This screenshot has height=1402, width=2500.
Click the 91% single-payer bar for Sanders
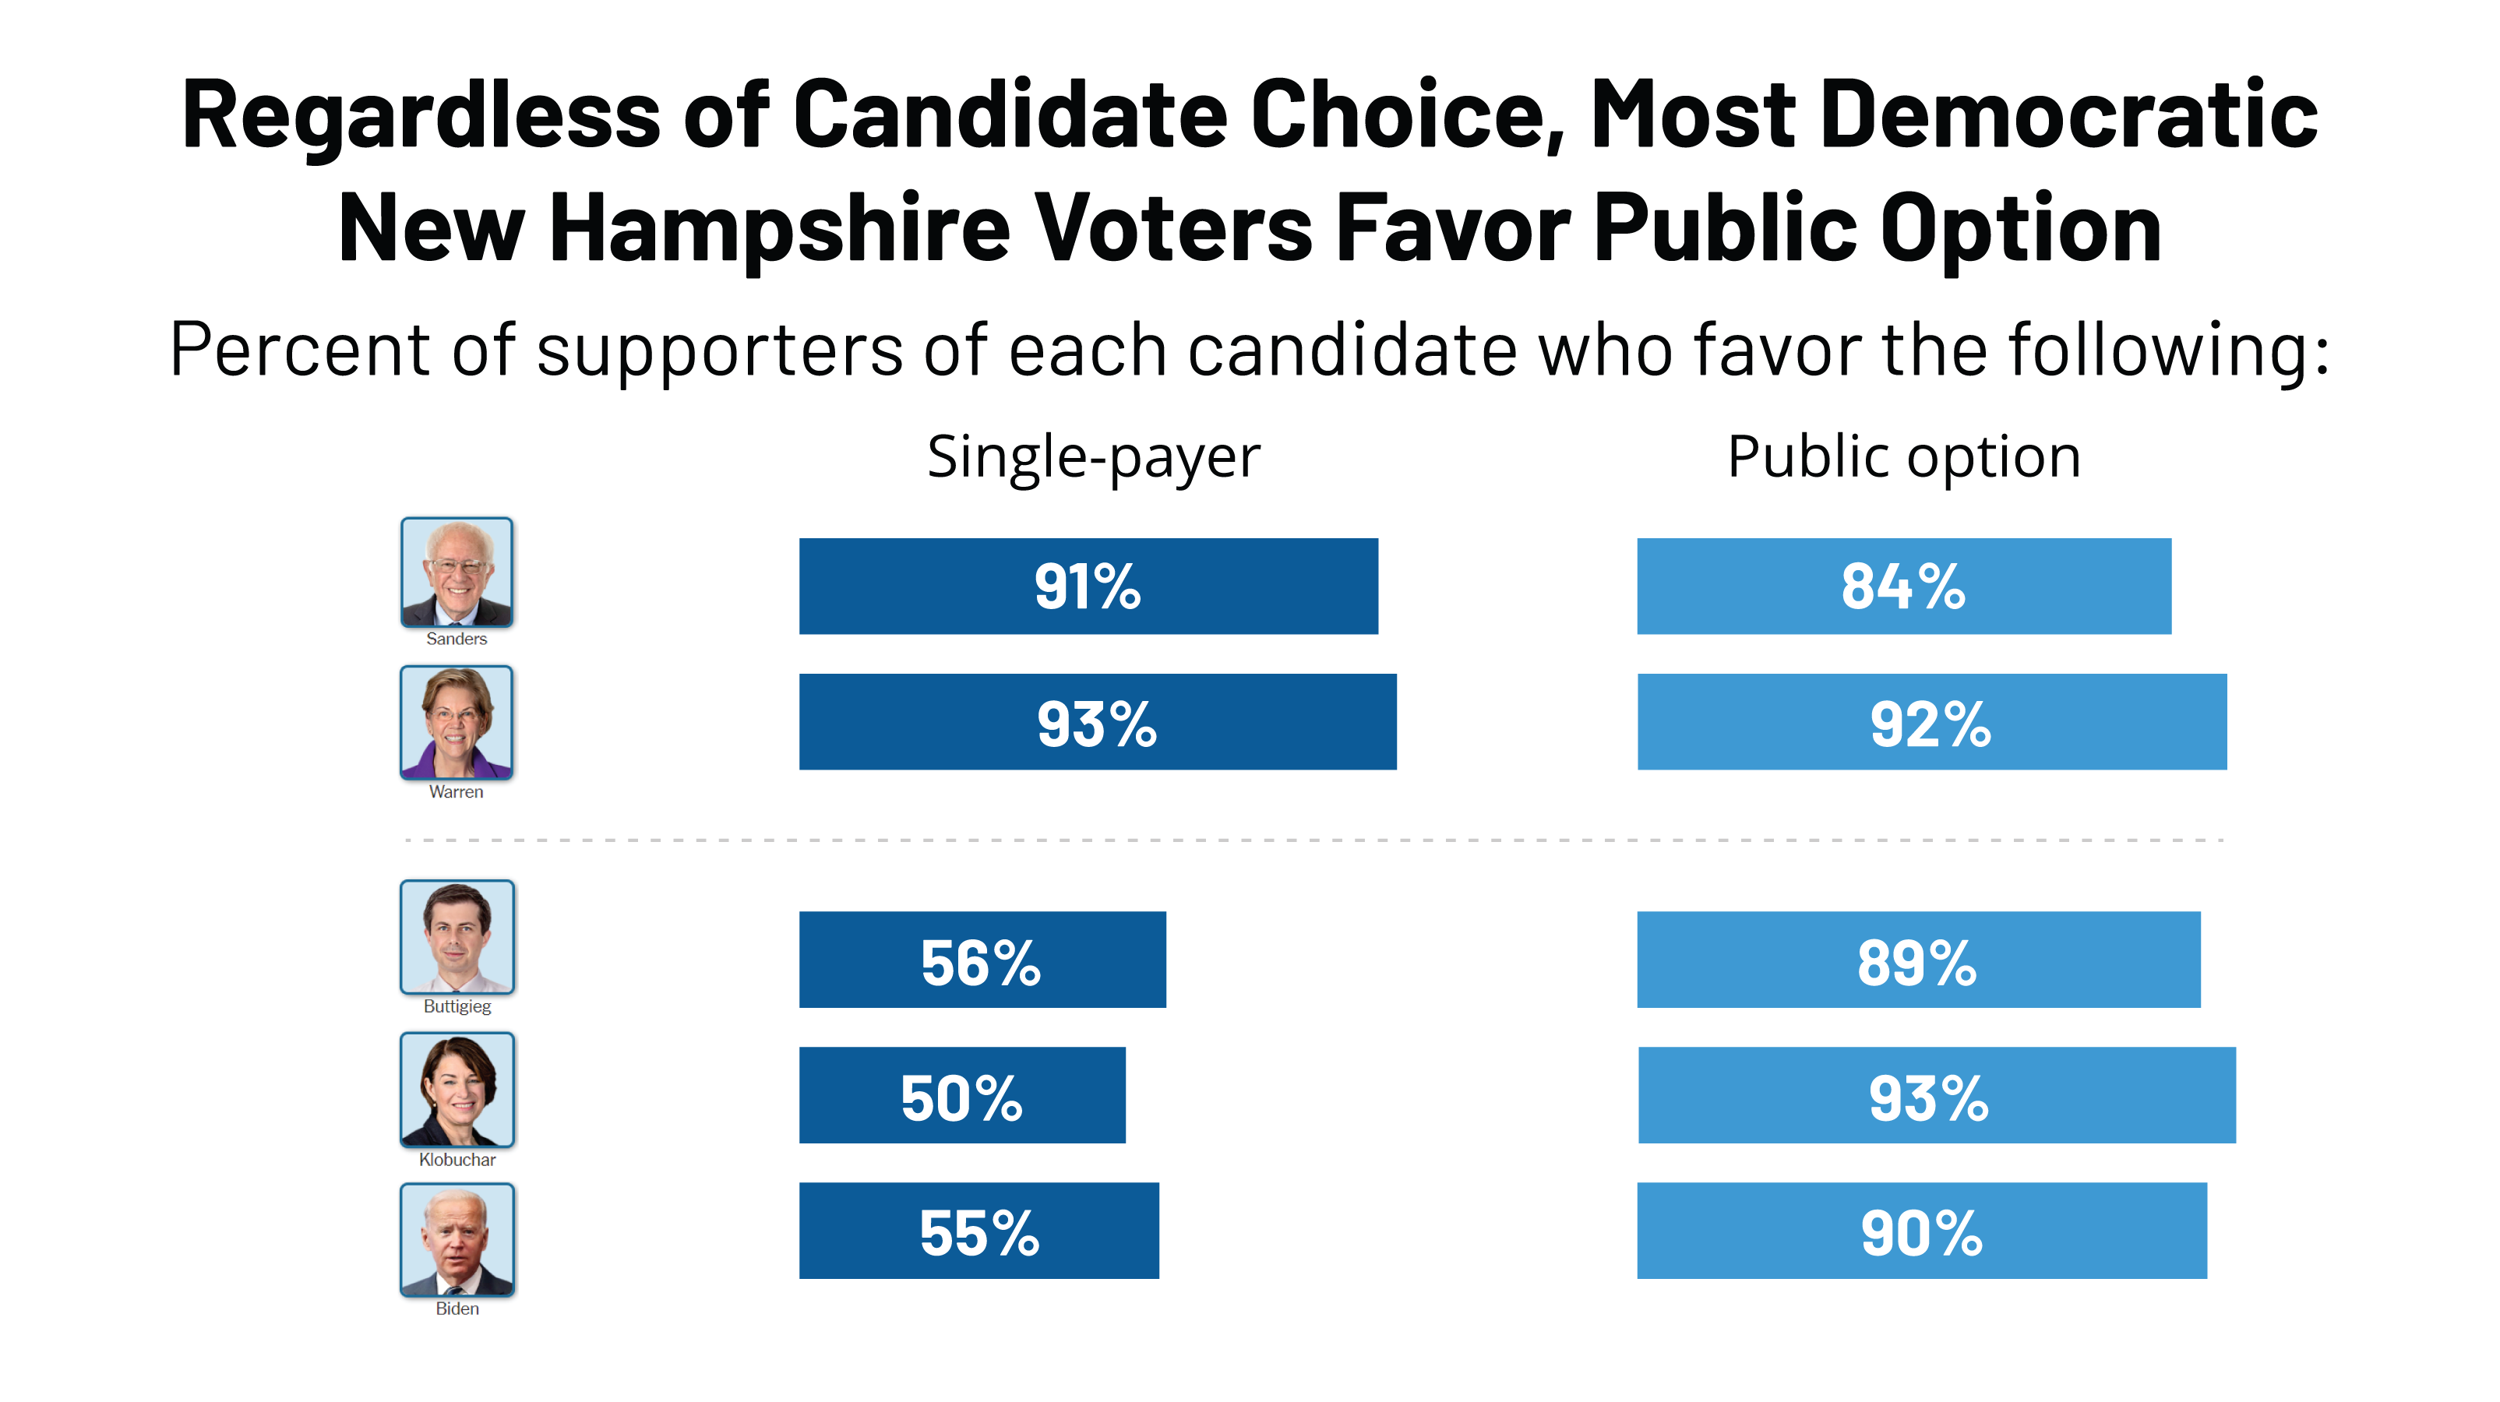tap(1088, 586)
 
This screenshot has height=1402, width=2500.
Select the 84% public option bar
tap(1903, 586)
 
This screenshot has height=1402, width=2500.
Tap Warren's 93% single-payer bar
tap(1097, 722)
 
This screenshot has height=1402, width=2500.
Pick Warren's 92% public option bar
tap(1931, 722)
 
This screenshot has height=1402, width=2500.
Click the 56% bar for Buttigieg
tap(982, 960)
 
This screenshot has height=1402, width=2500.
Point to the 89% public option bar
tap(1918, 960)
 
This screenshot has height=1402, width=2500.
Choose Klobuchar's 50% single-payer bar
tap(962, 1095)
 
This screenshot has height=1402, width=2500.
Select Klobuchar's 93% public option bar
tap(1936, 1095)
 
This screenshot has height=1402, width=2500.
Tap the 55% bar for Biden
tap(978, 1231)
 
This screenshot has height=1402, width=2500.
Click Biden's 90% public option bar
tap(1922, 1231)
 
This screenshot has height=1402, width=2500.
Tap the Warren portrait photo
tap(456, 722)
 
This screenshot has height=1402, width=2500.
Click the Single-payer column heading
tap(1093, 457)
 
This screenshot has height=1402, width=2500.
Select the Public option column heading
tap(1904, 457)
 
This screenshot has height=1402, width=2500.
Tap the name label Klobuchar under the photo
tap(457, 1160)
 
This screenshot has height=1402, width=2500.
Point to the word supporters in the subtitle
tap(719, 351)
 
